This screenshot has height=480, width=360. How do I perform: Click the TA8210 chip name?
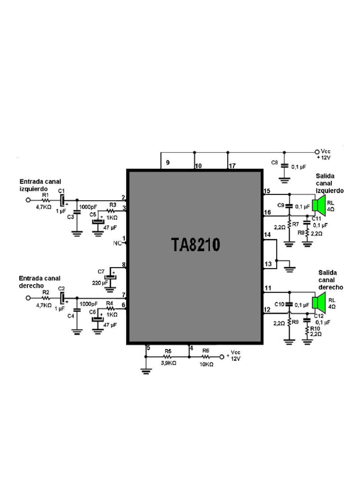coord(195,245)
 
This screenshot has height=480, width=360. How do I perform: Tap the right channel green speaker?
coord(320,302)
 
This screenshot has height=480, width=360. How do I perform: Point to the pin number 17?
coord(232,166)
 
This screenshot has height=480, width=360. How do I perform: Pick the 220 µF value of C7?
coord(100,283)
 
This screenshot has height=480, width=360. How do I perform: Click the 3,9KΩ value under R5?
coord(168,363)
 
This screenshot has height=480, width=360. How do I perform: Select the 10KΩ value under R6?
coord(206,364)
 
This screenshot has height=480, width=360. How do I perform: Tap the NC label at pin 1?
coord(117,243)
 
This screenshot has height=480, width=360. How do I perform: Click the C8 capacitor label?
coord(275,162)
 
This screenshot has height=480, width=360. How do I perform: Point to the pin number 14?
coord(267,234)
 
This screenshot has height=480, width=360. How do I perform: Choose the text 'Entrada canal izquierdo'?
coord(40,185)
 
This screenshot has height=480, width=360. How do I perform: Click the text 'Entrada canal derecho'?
coord(39,282)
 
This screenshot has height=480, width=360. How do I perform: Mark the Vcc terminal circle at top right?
coord(316,152)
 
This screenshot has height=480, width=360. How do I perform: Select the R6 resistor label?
coord(205,351)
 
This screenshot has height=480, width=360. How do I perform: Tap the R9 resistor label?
coord(295,322)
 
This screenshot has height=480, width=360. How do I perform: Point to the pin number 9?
coord(167,164)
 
